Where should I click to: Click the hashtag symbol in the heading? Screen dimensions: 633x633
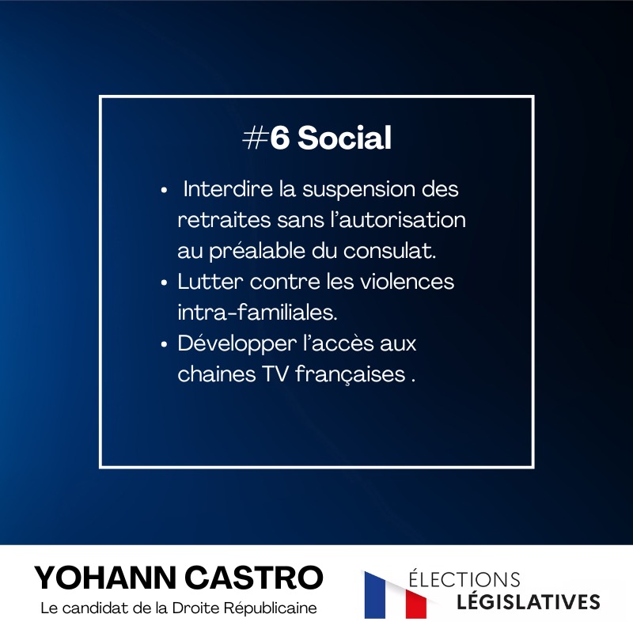255,138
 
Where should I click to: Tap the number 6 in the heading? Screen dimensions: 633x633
280,138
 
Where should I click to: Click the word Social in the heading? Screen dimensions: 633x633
344,137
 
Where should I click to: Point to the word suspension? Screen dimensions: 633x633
359,190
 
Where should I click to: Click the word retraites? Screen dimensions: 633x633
225,220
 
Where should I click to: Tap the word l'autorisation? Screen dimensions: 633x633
399,220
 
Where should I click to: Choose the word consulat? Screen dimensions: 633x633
390,251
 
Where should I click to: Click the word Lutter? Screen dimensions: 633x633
210,282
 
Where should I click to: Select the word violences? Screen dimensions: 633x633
407,282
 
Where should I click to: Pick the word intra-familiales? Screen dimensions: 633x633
258,312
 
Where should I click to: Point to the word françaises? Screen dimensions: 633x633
351,374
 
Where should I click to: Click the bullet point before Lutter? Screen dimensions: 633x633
164,282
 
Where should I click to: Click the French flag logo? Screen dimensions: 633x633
396,595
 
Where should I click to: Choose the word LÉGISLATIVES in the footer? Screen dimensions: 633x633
529,601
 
